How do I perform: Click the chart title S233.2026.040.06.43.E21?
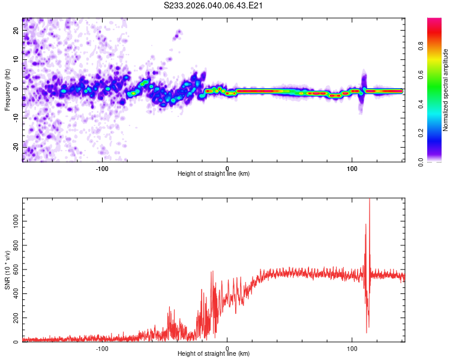coord(214,5)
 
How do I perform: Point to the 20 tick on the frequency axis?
coord(16,31)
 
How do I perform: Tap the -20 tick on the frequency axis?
coord(16,146)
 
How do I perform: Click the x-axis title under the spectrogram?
coord(214,174)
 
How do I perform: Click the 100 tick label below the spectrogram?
coord(352,167)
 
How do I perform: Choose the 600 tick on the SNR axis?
coord(16,270)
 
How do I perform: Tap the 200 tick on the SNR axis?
coord(16,318)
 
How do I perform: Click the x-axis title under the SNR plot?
coord(214,355)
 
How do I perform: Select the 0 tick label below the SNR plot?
coord(227,347)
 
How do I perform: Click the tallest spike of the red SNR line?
coord(369,200)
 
